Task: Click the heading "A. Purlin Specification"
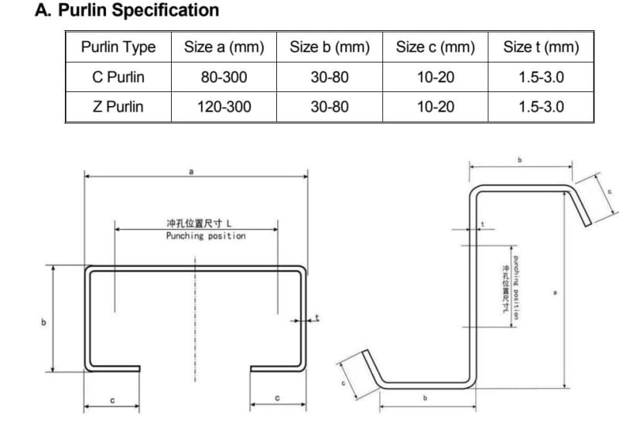click(128, 11)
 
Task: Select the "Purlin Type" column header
click(118, 47)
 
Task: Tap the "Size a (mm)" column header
click(224, 47)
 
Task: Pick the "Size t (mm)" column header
click(541, 47)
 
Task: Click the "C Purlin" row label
click(118, 77)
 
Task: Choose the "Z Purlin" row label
click(118, 107)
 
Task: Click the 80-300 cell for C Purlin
click(224, 77)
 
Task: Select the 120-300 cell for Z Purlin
click(224, 107)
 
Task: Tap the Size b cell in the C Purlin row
click(330, 77)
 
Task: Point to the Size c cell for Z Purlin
click(436, 107)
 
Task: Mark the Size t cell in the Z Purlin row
click(541, 107)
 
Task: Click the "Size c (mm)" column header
click(436, 47)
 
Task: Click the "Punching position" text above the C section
click(206, 236)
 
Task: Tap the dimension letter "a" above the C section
click(191, 172)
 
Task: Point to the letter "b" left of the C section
click(43, 321)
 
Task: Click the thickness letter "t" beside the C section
click(316, 317)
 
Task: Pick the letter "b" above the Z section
click(521, 160)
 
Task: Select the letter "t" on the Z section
click(484, 225)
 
